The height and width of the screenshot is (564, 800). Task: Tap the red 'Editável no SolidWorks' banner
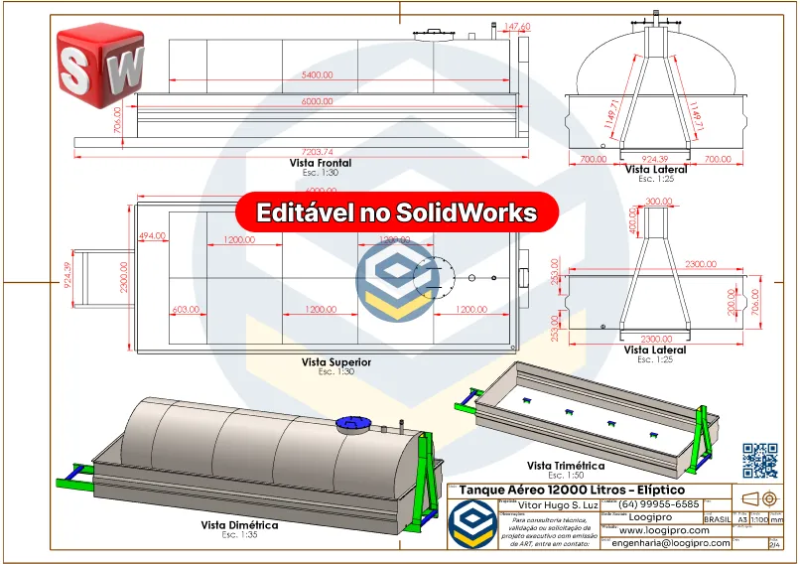pos(397,212)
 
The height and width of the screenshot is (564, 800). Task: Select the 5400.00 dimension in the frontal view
pos(318,74)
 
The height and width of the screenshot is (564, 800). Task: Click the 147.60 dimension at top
pos(517,26)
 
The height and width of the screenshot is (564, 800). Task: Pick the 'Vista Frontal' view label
pos(321,163)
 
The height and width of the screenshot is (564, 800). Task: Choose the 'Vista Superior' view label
pos(336,362)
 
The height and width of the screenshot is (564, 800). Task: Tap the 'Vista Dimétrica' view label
pos(239,525)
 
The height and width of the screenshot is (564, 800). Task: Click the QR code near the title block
pos(759,460)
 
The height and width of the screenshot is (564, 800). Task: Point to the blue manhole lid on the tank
pos(351,424)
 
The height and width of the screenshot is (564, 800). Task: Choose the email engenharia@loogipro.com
pos(671,543)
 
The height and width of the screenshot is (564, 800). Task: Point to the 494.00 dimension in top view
pos(152,236)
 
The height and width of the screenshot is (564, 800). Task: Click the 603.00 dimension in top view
pos(186,309)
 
